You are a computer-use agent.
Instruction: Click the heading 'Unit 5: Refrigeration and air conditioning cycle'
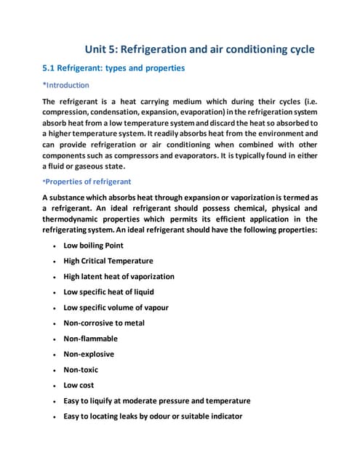tap(200, 49)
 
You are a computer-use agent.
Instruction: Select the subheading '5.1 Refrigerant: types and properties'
tap(114, 68)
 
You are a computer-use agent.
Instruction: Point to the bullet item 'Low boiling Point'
tap(93, 246)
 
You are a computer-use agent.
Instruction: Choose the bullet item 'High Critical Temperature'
tap(108, 261)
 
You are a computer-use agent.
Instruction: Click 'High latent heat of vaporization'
tap(119, 276)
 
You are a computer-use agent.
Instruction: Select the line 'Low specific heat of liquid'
tap(109, 292)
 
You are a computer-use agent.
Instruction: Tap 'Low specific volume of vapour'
tap(116, 307)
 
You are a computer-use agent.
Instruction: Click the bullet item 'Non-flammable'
tap(90, 339)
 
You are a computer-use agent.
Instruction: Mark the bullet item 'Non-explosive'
tap(89, 354)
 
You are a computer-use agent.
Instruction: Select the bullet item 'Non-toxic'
tap(81, 370)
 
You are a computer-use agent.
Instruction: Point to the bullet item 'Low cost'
tap(79, 385)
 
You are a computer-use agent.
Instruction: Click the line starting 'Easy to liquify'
tap(156, 401)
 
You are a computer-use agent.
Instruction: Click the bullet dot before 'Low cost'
tap(55, 386)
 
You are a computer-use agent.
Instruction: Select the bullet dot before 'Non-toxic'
tap(55, 370)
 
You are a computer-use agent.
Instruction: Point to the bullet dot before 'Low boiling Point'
tap(55, 246)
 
